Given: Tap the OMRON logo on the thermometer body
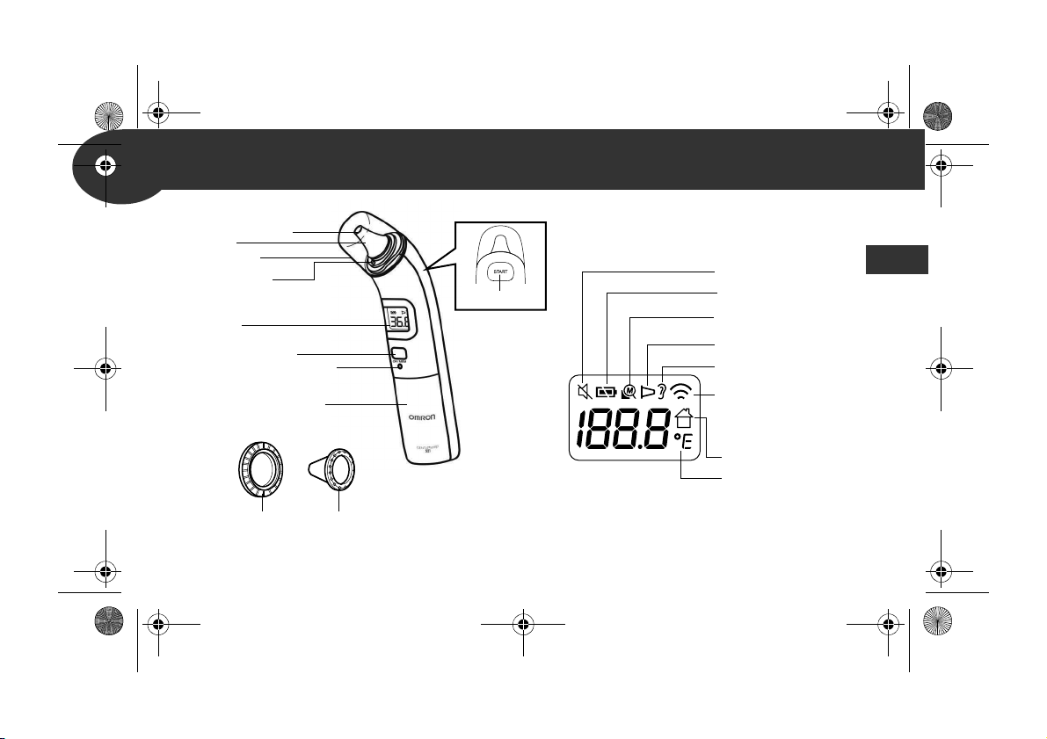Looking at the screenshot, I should pyautogui.click(x=423, y=419).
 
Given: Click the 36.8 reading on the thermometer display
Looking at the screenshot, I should pyautogui.click(x=398, y=322).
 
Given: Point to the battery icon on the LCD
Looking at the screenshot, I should pyautogui.click(x=607, y=392).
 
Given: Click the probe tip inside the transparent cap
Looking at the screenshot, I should pyautogui.click(x=360, y=235).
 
